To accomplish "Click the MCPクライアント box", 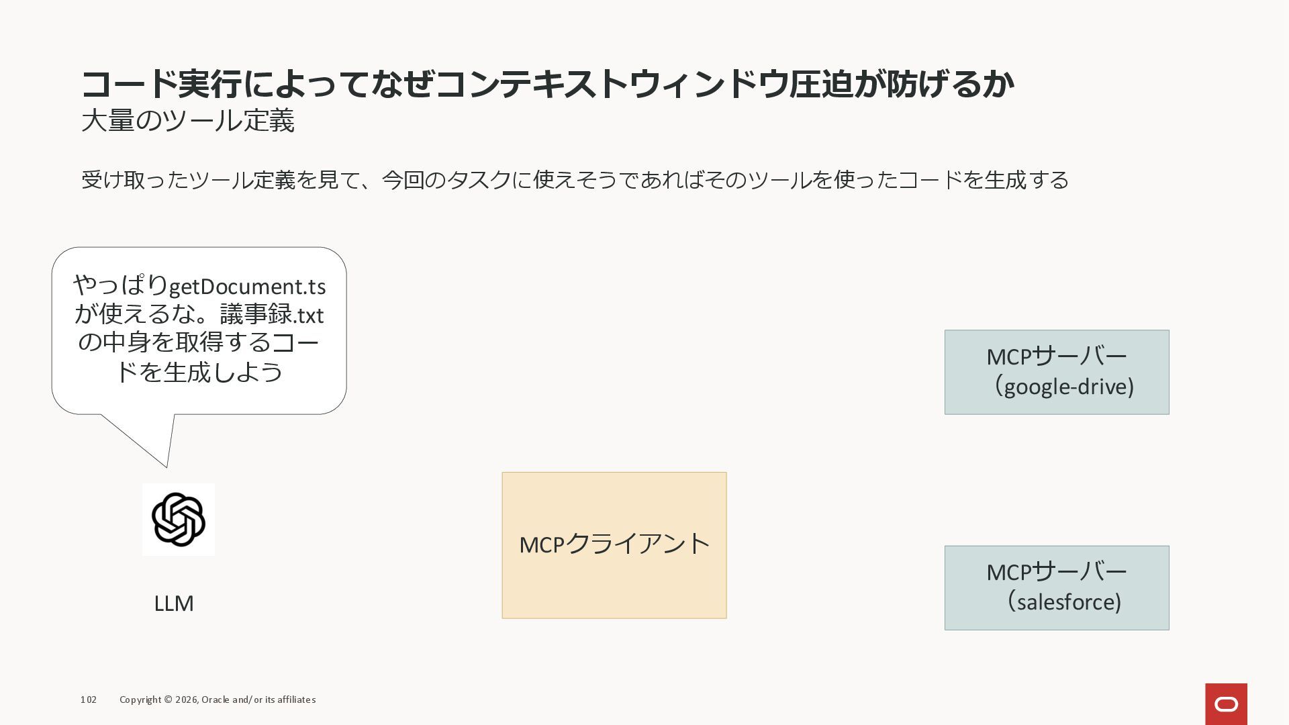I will (614, 544).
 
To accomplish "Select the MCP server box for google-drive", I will (1056, 372).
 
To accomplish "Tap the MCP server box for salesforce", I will (1056, 587).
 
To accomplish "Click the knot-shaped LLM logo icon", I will (179, 519).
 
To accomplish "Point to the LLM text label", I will (174, 603).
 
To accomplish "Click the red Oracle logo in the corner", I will (1226, 704).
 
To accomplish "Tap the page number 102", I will (89, 699).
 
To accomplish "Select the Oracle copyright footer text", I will (218, 699).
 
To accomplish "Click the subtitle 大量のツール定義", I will (188, 121).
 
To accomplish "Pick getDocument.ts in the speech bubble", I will (247, 287).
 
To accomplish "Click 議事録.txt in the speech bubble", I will (271, 314).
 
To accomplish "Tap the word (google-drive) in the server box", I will (1064, 387).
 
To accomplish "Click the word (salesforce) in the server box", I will (1064, 602).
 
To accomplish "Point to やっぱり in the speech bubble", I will (121, 285).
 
